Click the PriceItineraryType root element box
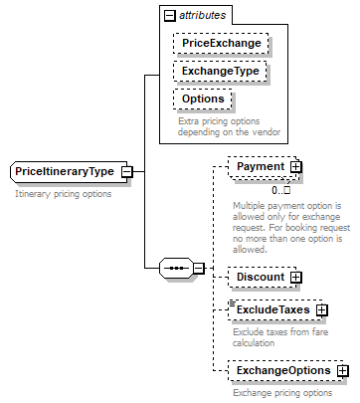click(x=65, y=171)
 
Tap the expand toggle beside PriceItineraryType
click(x=127, y=171)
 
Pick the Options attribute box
click(x=203, y=100)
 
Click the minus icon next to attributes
click(x=170, y=15)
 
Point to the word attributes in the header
click(x=202, y=15)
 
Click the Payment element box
click(x=260, y=167)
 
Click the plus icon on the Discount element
click(x=296, y=277)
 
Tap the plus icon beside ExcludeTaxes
click(x=322, y=310)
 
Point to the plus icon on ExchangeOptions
click(x=342, y=370)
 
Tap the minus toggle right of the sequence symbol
click(x=199, y=268)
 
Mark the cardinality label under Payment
click(x=280, y=189)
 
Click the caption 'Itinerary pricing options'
click(x=64, y=194)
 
